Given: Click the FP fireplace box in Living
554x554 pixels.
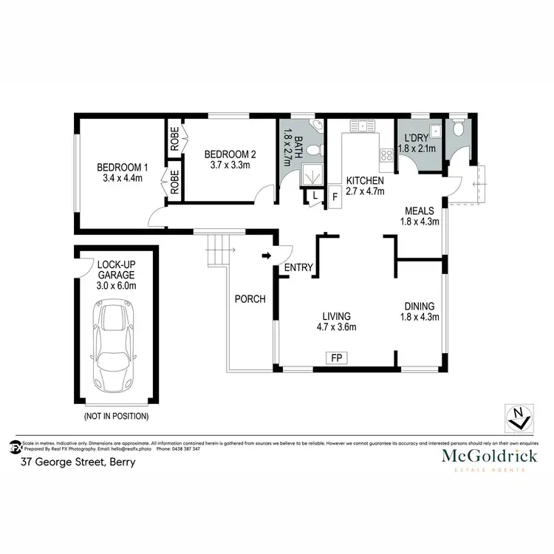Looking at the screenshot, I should coord(337,359).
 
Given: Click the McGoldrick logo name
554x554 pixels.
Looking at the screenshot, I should coord(489,456).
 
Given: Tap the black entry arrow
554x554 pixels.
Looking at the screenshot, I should coord(267,256).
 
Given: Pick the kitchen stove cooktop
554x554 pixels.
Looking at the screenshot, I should coord(386,155).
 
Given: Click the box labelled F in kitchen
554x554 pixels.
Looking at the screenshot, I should coord(335,197).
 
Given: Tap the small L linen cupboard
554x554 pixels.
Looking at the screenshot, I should coord(315,196).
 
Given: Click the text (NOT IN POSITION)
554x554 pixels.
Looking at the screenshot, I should coord(115,417).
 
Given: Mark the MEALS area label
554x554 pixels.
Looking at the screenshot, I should coord(419,210).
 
